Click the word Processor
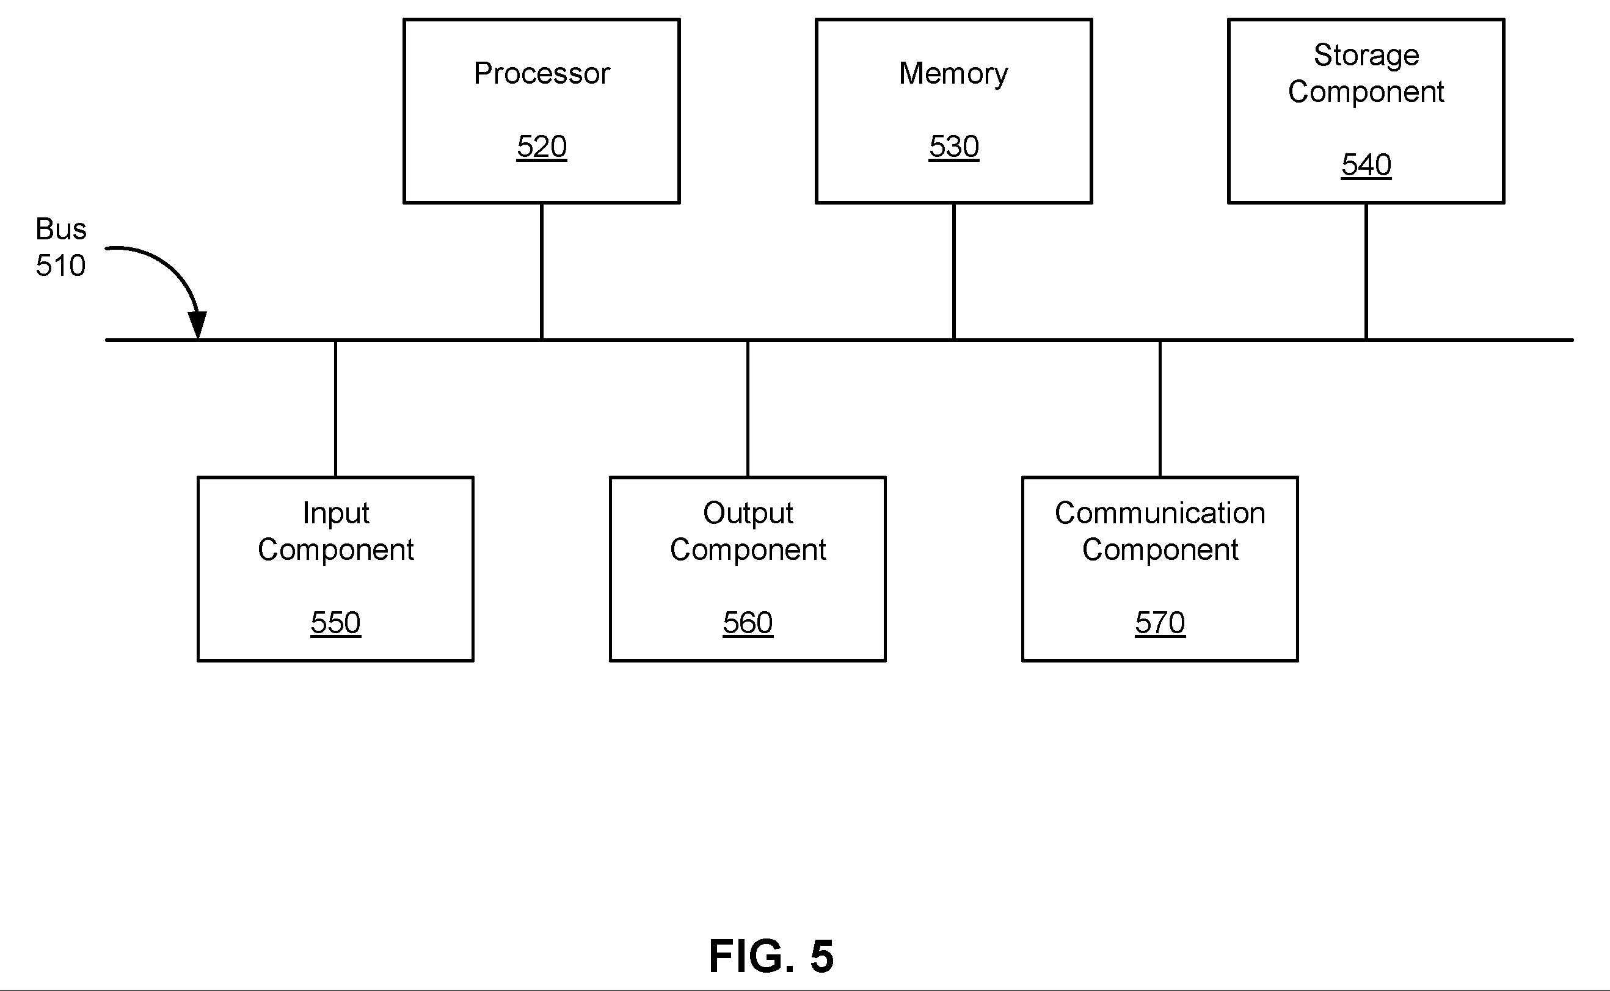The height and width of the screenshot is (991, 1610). tap(542, 73)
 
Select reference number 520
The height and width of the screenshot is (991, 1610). tap(542, 146)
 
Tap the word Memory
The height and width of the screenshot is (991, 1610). tap(953, 74)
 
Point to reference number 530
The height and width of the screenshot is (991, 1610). tap(954, 146)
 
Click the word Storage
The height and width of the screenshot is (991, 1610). tap(1366, 56)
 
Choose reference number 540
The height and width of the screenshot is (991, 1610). tap(1366, 164)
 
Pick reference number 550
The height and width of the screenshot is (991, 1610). tap(336, 622)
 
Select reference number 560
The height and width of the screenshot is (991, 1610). tap(748, 622)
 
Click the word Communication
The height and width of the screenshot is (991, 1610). tap(1160, 512)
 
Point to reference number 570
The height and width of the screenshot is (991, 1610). tap(1160, 622)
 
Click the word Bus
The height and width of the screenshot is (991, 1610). tap(61, 229)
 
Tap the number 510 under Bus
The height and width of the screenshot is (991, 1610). tap(60, 266)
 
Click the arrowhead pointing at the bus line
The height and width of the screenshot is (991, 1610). tap(197, 325)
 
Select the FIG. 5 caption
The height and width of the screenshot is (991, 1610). tap(771, 956)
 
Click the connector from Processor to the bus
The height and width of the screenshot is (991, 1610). tap(542, 271)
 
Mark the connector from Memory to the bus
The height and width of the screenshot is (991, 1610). tap(954, 271)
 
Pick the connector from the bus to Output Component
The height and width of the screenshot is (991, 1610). tap(748, 409)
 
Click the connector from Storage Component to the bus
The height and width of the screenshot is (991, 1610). tap(1366, 271)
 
